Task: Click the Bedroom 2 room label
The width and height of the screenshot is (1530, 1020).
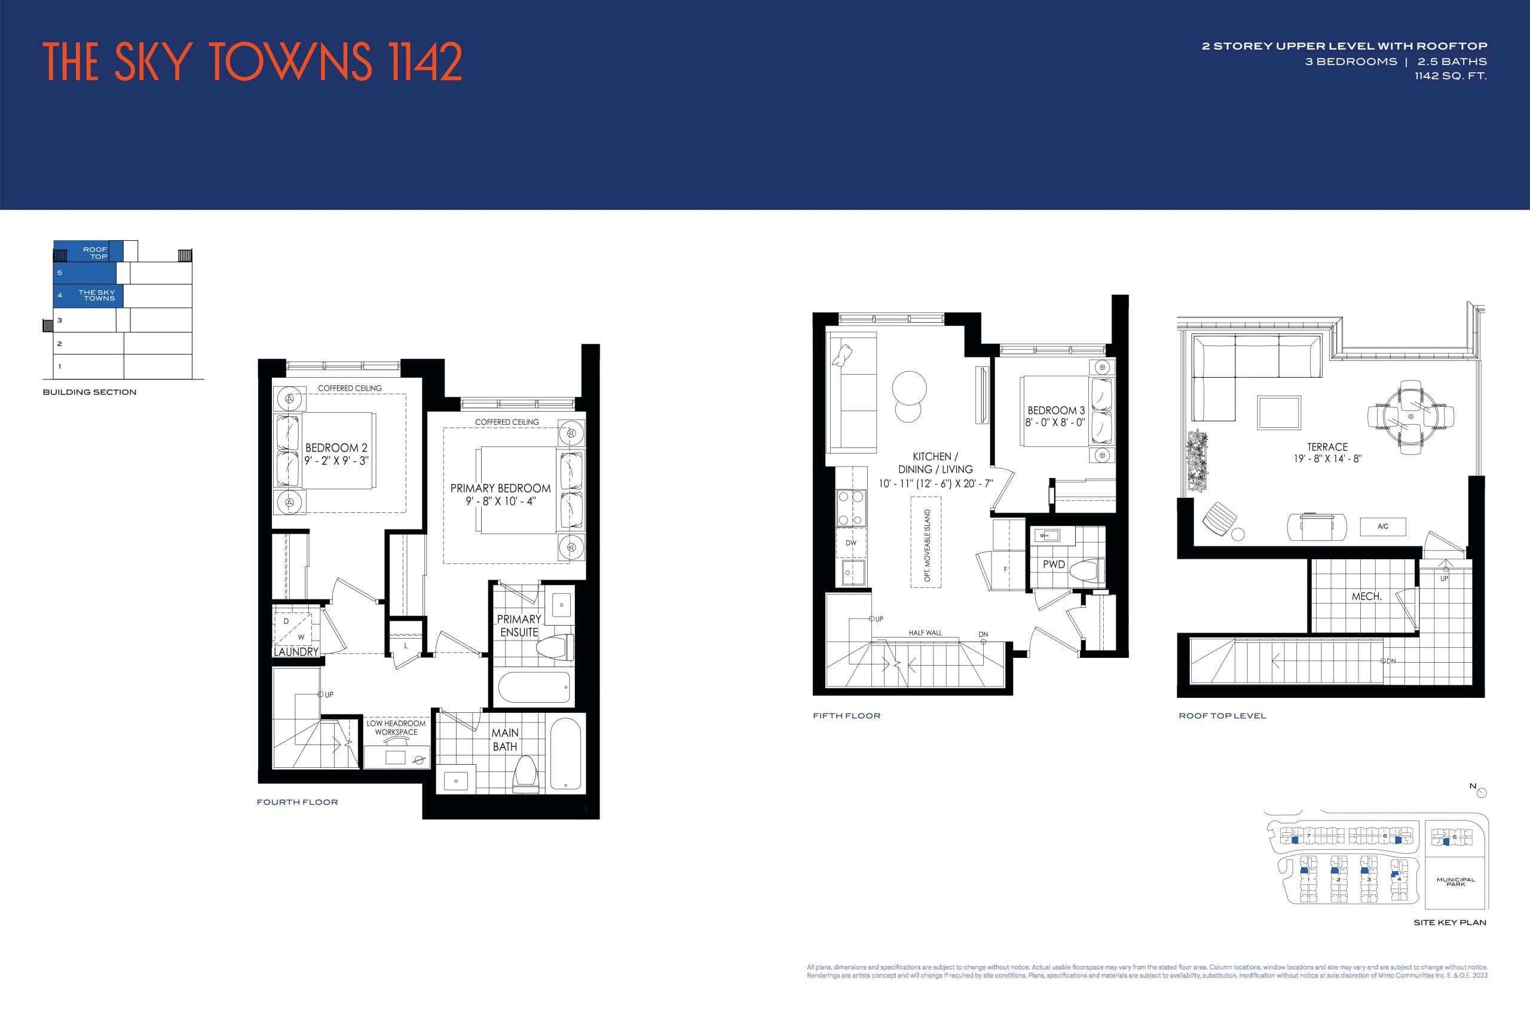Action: click(x=336, y=448)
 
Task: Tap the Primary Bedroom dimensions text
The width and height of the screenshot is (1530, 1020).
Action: click(x=500, y=501)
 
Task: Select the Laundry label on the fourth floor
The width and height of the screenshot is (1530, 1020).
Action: click(x=296, y=652)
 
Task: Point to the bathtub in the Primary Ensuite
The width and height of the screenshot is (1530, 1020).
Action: click(x=534, y=687)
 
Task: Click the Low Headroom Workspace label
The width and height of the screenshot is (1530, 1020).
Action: click(x=396, y=727)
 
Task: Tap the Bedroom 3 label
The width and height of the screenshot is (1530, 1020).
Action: click(x=1056, y=411)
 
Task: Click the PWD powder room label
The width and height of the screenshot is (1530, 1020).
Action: click(x=1053, y=565)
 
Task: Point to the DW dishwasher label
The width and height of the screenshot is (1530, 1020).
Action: click(x=851, y=543)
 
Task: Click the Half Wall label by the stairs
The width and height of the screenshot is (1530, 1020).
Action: click(x=925, y=633)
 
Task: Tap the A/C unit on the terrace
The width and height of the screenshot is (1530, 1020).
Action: click(x=1382, y=526)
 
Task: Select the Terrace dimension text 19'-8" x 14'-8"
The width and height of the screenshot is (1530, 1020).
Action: click(x=1327, y=458)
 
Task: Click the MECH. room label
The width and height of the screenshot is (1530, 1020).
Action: click(x=1366, y=596)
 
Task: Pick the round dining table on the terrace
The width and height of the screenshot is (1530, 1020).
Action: click(x=1410, y=416)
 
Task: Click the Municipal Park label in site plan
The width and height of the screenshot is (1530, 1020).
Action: click(x=1455, y=882)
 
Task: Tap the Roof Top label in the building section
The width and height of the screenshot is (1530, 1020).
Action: click(x=95, y=252)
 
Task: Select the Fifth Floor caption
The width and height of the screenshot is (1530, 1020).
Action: click(x=846, y=716)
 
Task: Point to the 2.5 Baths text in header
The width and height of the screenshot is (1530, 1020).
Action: click(x=1452, y=62)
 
